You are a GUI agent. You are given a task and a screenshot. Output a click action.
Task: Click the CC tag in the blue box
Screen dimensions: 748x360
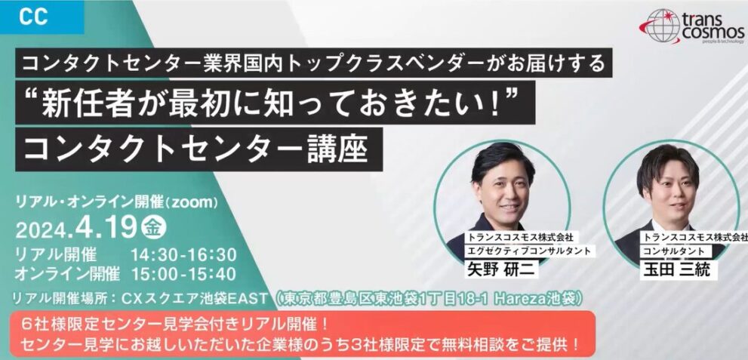(33, 17)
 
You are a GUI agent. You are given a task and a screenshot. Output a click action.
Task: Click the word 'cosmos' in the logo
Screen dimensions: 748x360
(713, 33)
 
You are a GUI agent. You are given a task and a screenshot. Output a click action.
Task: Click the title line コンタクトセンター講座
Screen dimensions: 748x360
(195, 149)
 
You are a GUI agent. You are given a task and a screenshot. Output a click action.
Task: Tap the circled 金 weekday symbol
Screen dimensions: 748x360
(154, 228)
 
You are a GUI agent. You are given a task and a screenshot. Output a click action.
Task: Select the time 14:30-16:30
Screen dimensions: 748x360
(183, 255)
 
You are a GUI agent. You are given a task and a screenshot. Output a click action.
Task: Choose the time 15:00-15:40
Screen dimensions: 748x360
(183, 274)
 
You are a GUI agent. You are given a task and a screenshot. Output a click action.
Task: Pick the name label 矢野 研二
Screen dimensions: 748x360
(501, 269)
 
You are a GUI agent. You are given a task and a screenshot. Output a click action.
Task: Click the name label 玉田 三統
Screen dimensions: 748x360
(675, 269)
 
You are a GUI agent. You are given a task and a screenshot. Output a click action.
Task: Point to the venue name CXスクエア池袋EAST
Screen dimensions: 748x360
(195, 299)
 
